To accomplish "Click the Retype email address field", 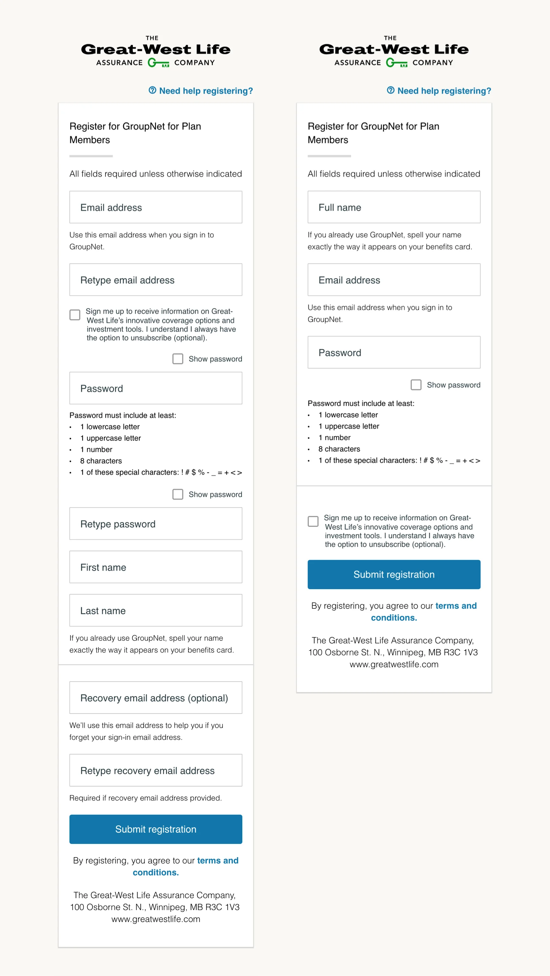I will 156,279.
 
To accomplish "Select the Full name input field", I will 393,207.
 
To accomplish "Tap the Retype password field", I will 156,524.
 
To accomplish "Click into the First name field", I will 156,567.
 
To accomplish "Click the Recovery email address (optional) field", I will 156,698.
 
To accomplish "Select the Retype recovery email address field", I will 156,770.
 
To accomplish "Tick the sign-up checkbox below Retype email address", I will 75,314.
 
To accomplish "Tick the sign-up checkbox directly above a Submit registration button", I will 313,521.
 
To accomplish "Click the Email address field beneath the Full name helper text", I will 393,279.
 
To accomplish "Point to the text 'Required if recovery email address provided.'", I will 146,797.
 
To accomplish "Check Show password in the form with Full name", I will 416,385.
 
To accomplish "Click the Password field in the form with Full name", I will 393,352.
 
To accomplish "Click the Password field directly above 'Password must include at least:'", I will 156,388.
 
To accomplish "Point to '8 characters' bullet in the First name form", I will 101,461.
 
